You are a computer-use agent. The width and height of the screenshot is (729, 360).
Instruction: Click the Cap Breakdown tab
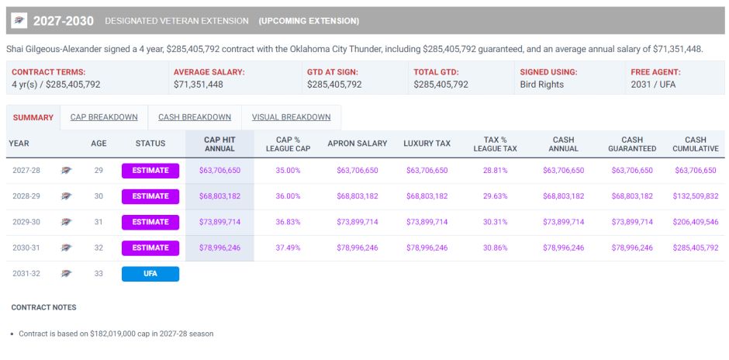(x=104, y=118)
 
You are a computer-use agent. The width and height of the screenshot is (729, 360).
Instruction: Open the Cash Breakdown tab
(x=195, y=118)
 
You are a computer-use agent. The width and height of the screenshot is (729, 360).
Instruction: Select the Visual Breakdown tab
(x=291, y=118)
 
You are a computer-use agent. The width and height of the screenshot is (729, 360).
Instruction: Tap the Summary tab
(x=33, y=118)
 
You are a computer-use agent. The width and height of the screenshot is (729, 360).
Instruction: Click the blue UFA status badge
(x=150, y=274)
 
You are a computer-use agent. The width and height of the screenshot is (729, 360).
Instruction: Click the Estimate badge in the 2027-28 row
(x=150, y=171)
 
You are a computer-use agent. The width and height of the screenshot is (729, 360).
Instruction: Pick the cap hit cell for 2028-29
(x=219, y=196)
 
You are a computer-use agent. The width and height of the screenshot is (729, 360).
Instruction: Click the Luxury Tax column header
(x=427, y=144)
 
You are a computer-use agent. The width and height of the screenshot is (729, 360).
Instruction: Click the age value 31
(x=98, y=222)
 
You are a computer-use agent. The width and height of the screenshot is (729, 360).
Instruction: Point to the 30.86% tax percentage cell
(x=495, y=248)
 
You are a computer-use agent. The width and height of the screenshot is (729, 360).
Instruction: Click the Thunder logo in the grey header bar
(x=19, y=20)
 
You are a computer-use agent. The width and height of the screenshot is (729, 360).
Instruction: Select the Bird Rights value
(x=541, y=85)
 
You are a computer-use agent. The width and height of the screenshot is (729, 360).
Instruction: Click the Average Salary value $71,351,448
(x=199, y=85)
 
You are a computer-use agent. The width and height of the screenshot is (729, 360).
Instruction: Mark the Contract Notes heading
(x=43, y=307)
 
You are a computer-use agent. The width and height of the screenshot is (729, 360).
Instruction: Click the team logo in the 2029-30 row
(x=67, y=222)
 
